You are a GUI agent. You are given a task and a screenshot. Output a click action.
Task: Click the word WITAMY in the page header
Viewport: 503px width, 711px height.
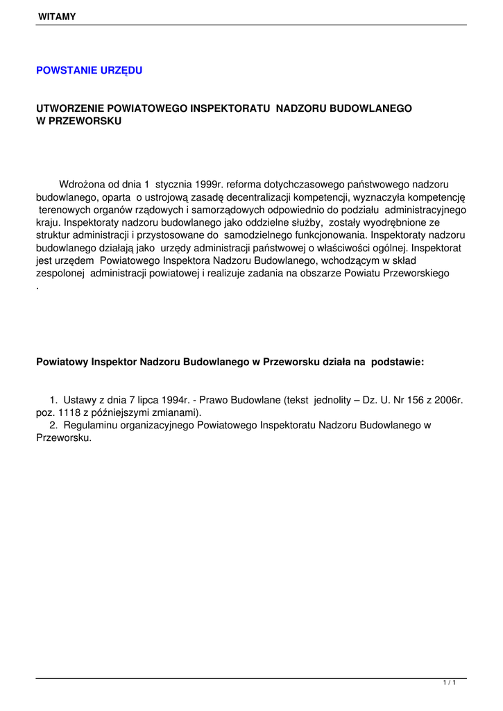coord(57,15)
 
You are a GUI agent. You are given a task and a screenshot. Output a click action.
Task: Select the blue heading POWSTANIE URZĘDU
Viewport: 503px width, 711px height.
coord(89,71)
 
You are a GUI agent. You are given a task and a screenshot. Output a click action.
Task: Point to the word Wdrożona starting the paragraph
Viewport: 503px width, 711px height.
coord(81,185)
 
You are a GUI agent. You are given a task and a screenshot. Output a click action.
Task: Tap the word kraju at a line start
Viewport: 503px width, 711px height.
coord(48,223)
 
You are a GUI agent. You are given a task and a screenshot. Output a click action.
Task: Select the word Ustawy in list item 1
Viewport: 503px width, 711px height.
coord(78,400)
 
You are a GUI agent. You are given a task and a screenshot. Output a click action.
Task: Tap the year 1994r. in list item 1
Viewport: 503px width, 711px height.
coord(173,400)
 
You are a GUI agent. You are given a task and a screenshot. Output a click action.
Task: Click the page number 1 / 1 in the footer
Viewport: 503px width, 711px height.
coord(450,684)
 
